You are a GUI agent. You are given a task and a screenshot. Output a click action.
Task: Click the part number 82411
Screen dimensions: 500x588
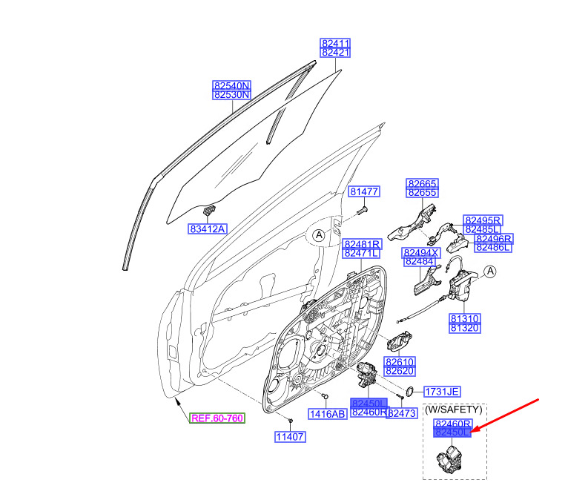(336, 43)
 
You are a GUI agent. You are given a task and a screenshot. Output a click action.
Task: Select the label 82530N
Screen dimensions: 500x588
(231, 96)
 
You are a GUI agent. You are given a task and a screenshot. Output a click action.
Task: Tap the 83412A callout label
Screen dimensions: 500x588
(207, 229)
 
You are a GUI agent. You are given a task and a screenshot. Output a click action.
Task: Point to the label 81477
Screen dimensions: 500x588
(364, 192)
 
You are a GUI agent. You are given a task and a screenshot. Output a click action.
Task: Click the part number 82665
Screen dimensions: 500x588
(423, 183)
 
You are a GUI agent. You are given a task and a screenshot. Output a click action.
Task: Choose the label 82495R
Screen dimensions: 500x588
(483, 220)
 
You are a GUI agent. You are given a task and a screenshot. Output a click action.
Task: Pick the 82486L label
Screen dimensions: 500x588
(494, 247)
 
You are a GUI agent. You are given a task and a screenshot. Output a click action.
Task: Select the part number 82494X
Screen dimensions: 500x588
(421, 253)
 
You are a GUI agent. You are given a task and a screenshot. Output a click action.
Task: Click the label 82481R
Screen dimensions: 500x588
(362, 244)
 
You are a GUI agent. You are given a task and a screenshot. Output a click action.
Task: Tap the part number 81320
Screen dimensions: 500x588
(465, 327)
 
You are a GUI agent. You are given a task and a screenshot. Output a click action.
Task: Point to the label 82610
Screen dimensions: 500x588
(400, 361)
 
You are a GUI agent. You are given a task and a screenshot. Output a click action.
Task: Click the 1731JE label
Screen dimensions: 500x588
(442, 392)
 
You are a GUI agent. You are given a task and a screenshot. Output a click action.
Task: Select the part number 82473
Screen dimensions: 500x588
(404, 413)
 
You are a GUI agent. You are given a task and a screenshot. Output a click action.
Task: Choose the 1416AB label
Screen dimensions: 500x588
(328, 414)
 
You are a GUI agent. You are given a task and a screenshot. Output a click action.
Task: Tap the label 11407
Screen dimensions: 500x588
(291, 437)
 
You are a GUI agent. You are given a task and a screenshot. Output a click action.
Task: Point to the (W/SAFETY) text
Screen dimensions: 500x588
(454, 409)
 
